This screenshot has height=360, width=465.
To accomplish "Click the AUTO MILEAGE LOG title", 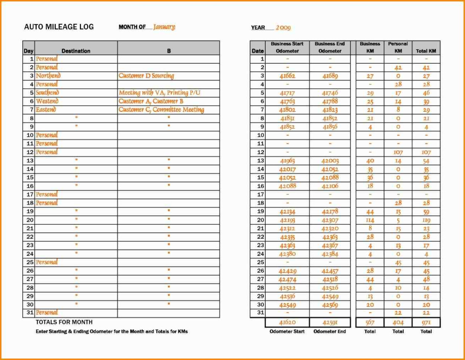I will point(59,27).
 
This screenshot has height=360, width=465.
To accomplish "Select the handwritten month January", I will point(164,27).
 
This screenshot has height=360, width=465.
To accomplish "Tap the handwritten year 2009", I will point(283,28).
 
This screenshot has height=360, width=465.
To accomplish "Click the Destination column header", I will point(76,51).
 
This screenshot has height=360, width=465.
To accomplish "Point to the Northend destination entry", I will point(48,76).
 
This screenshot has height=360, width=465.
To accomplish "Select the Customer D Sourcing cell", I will point(146,76).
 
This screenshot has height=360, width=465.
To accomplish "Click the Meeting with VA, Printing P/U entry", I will point(159,93).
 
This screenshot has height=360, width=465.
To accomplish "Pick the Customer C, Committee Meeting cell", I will point(161,109).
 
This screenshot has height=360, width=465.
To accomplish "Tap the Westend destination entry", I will point(47,101).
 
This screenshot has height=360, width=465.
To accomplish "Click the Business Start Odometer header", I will point(287,47).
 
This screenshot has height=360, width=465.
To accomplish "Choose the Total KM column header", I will point(426,51).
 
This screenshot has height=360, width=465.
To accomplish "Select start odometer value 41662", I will point(287,76).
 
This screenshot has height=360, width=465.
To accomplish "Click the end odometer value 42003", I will point(330,161).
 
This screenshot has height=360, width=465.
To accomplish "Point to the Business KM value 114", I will point(370,220).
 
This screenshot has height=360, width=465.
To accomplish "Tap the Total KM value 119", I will point(426,220).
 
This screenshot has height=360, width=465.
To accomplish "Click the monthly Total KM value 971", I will point(426,323).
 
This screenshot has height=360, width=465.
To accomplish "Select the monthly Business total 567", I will point(370,323).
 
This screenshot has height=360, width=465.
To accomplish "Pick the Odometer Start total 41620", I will point(287,323).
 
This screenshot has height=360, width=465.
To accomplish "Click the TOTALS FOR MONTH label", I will point(64,322).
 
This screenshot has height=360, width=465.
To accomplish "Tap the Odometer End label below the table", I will point(330,331).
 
